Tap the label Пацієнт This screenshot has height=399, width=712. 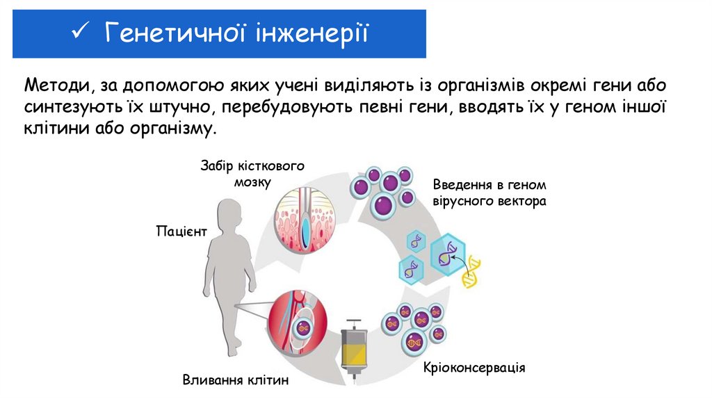tap(181, 231)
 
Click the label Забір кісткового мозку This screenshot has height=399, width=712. tap(252, 173)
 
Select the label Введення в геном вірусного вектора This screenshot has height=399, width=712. tap(489, 193)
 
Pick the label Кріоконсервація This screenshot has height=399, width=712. tap(474, 366)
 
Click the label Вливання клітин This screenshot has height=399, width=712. tap(235, 380)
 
